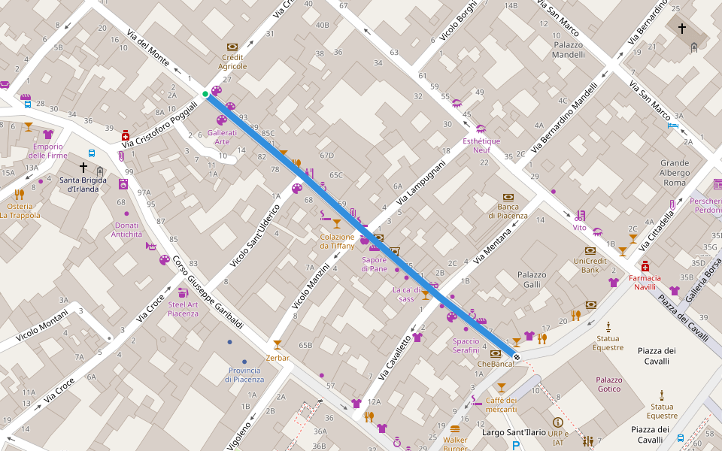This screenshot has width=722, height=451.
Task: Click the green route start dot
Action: (x=205, y=94)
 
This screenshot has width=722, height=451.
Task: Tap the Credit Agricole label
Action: (x=232, y=62)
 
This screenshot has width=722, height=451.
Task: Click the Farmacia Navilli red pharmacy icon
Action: (x=645, y=266)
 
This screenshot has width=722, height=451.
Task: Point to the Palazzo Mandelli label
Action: (x=568, y=50)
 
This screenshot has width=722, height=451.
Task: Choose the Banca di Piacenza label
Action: (x=508, y=211)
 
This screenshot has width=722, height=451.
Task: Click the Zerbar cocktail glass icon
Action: (x=278, y=344)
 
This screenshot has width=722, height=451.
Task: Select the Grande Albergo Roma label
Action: (x=675, y=172)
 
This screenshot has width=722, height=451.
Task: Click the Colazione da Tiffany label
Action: (x=337, y=241)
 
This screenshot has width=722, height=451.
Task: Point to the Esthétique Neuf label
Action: (x=481, y=145)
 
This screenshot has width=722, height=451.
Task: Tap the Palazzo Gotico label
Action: (x=608, y=384)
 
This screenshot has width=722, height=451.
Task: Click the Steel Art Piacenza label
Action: (x=184, y=309)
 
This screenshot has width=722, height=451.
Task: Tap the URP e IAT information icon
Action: (x=557, y=422)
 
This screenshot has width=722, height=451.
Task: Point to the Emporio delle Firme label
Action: (x=48, y=150)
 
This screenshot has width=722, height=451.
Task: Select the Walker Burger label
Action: (x=455, y=443)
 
